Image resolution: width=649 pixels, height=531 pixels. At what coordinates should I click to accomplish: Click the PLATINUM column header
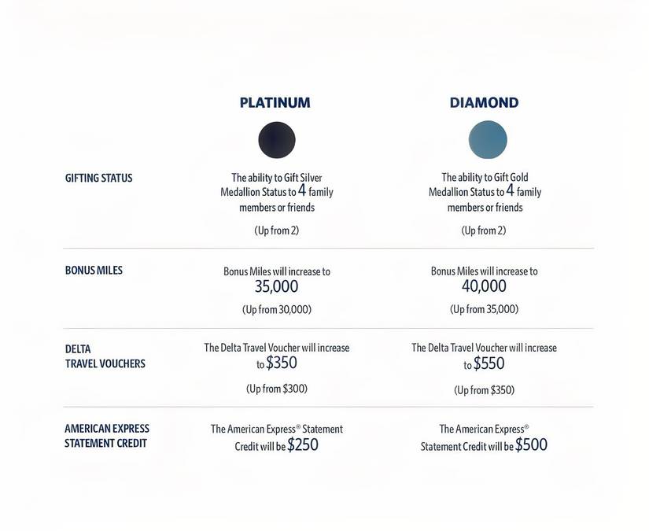pyautogui.click(x=275, y=102)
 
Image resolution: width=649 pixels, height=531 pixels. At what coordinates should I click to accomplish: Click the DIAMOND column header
pyautogui.click(x=484, y=102)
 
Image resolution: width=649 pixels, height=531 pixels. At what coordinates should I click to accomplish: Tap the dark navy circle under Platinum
pyautogui.click(x=277, y=140)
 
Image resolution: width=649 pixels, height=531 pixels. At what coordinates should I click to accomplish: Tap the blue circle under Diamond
pyautogui.click(x=488, y=140)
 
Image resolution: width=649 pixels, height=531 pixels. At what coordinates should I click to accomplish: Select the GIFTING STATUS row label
pyautogui.click(x=99, y=178)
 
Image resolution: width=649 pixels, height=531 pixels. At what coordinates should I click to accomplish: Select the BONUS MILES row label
pyautogui.click(x=94, y=270)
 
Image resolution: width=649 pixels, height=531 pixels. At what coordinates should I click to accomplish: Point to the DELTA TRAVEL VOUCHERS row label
pyautogui.click(x=105, y=356)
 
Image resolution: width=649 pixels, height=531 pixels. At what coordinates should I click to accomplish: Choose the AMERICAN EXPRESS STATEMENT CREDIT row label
pyautogui.click(x=107, y=436)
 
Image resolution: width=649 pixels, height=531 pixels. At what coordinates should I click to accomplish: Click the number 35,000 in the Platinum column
pyautogui.click(x=277, y=287)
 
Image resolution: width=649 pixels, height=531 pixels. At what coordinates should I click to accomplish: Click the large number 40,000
pyautogui.click(x=484, y=286)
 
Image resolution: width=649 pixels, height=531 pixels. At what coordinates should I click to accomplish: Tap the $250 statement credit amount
pyautogui.click(x=303, y=445)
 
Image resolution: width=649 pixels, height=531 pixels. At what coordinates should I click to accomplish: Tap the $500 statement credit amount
pyautogui.click(x=531, y=445)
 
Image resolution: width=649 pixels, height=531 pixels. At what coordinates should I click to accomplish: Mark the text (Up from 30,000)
pyautogui.click(x=277, y=310)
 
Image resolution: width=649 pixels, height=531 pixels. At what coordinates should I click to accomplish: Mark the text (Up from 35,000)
pyautogui.click(x=484, y=309)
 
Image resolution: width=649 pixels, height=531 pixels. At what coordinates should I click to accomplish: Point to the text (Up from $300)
pyautogui.click(x=277, y=389)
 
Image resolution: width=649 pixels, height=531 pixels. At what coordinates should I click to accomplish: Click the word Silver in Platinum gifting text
pyautogui.click(x=309, y=178)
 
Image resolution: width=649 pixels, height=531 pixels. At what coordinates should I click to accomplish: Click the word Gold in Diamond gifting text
pyautogui.click(x=518, y=178)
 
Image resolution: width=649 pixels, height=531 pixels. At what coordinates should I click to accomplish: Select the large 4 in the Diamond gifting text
pyautogui.click(x=510, y=190)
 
